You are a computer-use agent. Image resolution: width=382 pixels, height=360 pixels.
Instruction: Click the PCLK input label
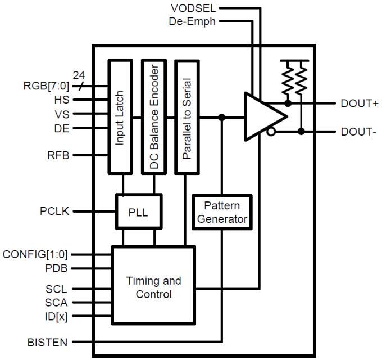click(x=54, y=211)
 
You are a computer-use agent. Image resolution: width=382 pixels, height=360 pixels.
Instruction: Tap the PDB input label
click(x=57, y=268)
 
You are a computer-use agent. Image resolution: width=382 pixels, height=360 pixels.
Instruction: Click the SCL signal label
click(x=57, y=289)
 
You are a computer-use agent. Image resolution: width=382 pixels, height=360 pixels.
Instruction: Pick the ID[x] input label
click(x=56, y=316)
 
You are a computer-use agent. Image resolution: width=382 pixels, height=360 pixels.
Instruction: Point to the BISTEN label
click(x=48, y=342)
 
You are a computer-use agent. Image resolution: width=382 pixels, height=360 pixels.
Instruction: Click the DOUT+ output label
click(x=360, y=103)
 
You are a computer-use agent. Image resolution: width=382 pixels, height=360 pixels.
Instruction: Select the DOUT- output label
click(x=358, y=132)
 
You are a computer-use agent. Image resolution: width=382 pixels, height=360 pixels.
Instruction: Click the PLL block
click(x=139, y=212)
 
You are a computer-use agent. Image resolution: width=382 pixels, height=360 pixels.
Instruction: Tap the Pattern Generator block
click(x=221, y=211)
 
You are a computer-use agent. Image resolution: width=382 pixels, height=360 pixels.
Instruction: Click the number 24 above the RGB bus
click(x=80, y=74)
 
